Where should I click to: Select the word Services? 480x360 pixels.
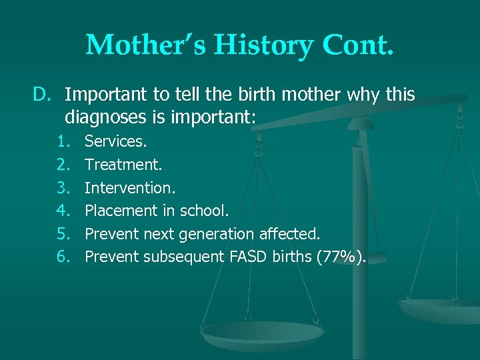point(116,141)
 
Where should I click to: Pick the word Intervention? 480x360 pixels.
point(130,188)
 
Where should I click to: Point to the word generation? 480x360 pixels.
point(221,235)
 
